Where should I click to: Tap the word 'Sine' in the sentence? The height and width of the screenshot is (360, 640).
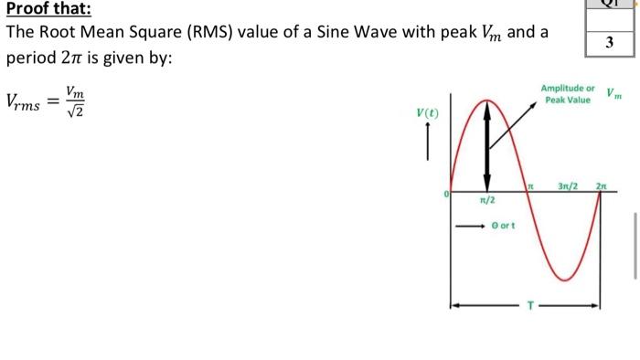click(x=340, y=33)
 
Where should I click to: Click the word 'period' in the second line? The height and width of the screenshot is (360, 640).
click(x=29, y=58)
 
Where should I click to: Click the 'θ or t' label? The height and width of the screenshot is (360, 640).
click(x=504, y=223)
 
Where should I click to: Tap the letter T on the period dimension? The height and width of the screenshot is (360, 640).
click(x=526, y=305)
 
